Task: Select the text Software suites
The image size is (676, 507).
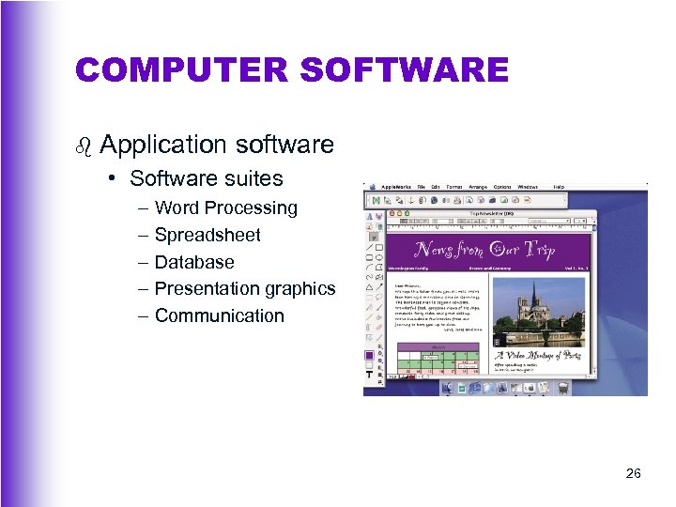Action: pyautogui.click(x=207, y=178)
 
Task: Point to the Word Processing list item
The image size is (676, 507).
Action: pyautogui.click(x=225, y=207)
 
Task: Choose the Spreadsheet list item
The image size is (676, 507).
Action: pyautogui.click(x=207, y=235)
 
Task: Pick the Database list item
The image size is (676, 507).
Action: pyautogui.click(x=194, y=262)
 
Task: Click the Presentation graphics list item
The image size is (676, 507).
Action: pyautogui.click(x=244, y=288)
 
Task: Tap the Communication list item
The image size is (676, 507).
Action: pyautogui.click(x=219, y=315)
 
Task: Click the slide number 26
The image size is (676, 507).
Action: pyautogui.click(x=634, y=474)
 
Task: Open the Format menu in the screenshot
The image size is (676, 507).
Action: pyautogui.click(x=454, y=187)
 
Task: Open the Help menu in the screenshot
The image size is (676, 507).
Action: pyautogui.click(x=559, y=187)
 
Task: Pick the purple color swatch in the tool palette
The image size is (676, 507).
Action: pyautogui.click(x=369, y=355)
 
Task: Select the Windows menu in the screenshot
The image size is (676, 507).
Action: pyautogui.click(x=528, y=187)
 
